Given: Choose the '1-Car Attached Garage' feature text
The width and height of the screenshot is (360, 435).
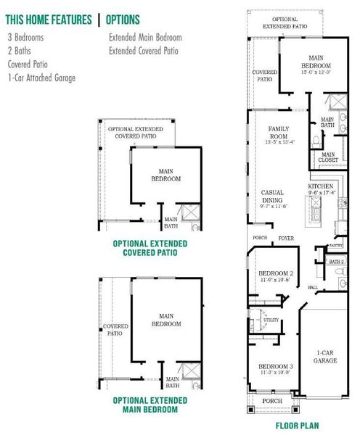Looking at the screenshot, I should click(x=41, y=78).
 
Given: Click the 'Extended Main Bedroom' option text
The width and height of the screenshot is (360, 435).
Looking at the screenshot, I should click(x=145, y=37).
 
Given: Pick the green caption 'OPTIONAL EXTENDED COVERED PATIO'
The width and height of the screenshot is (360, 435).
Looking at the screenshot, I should click(x=150, y=248).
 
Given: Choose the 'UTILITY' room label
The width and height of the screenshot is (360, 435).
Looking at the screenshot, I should click(x=271, y=319).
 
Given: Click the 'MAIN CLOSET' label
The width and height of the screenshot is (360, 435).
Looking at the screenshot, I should click(x=329, y=157).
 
